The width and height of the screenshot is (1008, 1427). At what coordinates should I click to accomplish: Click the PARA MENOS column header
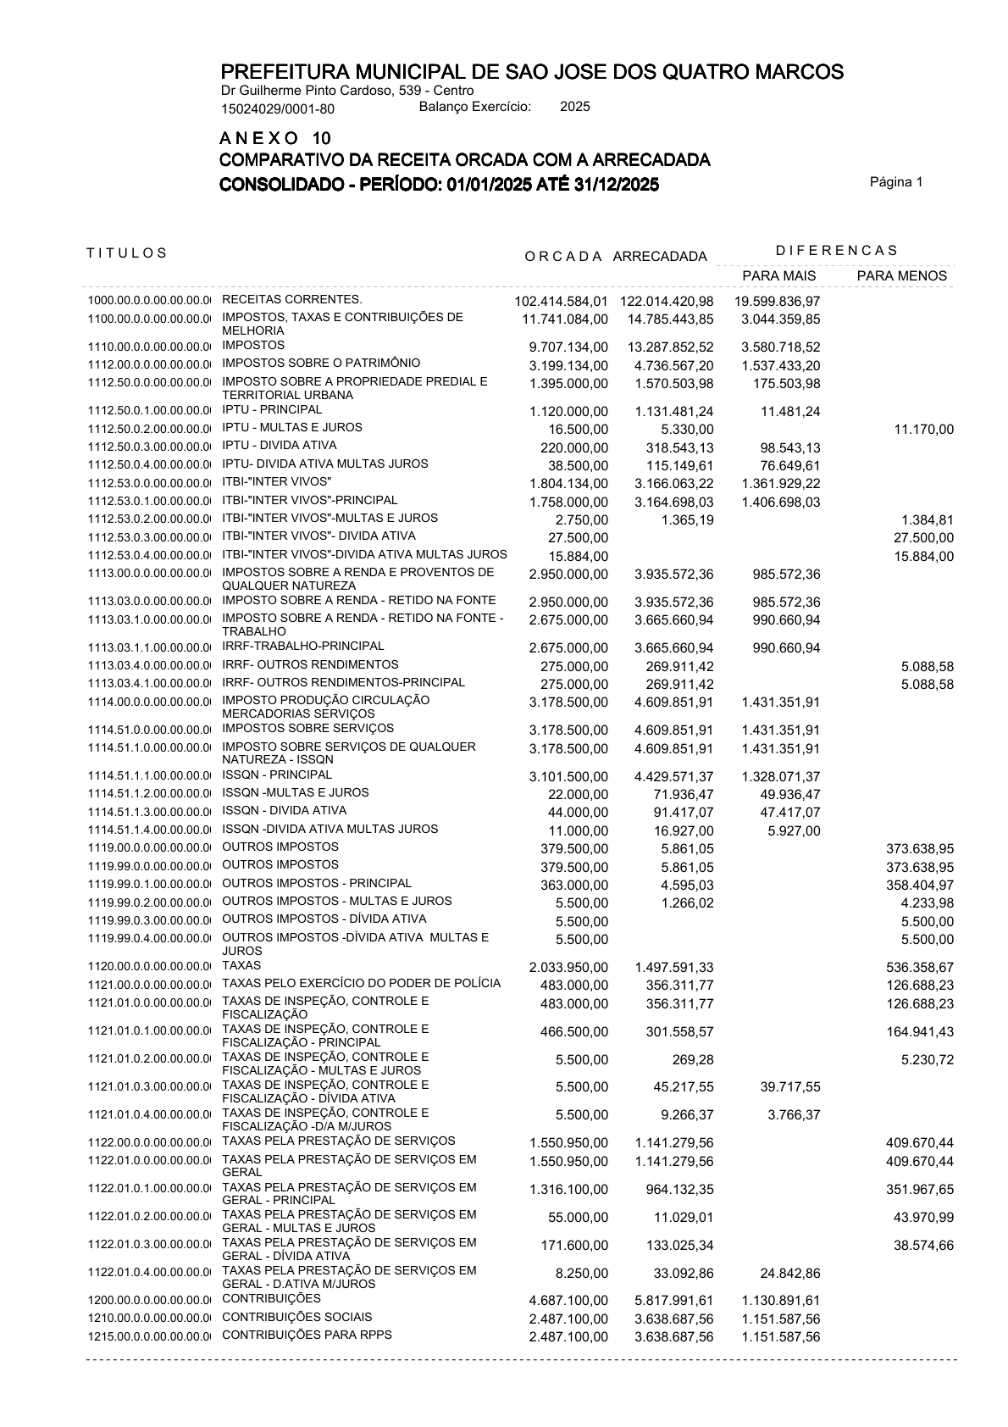(x=901, y=275)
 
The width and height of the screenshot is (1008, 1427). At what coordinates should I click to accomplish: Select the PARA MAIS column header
(x=778, y=275)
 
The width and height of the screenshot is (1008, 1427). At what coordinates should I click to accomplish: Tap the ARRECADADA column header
(x=659, y=256)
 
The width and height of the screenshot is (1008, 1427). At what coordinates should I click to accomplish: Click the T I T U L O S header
(x=127, y=253)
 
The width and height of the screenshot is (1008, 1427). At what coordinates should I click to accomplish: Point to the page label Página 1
(x=896, y=182)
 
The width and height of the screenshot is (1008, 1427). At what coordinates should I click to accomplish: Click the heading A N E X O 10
(x=275, y=138)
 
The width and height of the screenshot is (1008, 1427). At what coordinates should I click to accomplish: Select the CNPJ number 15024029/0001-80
(x=277, y=108)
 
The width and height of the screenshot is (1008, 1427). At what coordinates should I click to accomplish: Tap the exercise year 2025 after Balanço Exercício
(x=575, y=107)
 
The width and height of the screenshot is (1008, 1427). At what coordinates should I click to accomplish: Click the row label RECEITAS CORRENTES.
(x=291, y=299)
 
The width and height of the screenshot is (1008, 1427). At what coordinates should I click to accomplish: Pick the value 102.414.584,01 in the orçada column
(x=561, y=302)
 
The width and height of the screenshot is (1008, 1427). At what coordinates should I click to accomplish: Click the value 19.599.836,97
(x=777, y=302)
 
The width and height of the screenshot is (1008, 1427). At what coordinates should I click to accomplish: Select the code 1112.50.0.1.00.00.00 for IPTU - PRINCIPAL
(x=148, y=411)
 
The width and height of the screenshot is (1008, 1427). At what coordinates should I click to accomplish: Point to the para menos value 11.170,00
(x=923, y=430)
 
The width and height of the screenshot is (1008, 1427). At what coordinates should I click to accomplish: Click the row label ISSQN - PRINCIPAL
(x=277, y=775)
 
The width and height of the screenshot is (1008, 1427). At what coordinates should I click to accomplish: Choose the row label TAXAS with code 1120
(x=241, y=965)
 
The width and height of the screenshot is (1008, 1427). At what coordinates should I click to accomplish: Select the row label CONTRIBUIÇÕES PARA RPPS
(x=307, y=1335)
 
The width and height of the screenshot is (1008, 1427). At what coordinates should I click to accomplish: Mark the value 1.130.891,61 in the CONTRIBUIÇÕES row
(x=780, y=1301)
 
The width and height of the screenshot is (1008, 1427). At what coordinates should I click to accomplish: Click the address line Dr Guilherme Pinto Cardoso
(x=346, y=91)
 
